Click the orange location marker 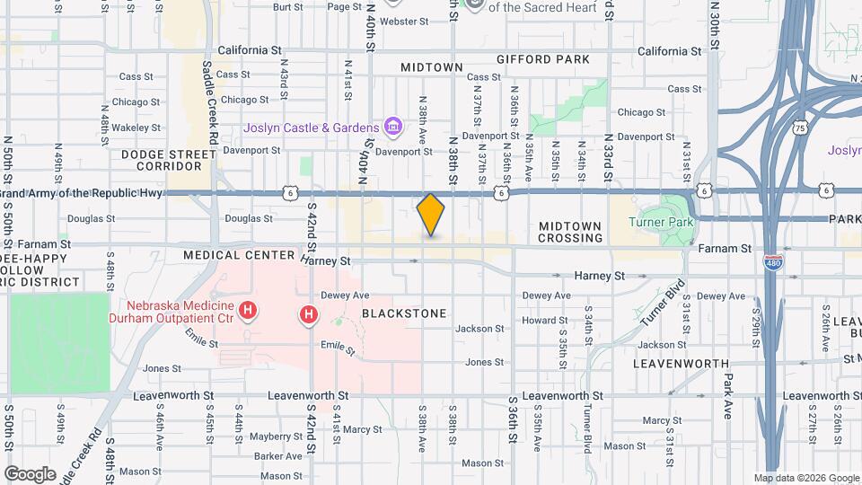(431, 215)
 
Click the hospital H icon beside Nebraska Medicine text (250, 311)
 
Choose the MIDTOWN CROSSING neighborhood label (570, 232)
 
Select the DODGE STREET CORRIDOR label (163, 160)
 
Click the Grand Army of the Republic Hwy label (81, 193)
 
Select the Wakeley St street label (130, 128)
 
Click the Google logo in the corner (30, 473)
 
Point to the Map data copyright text (805, 478)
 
